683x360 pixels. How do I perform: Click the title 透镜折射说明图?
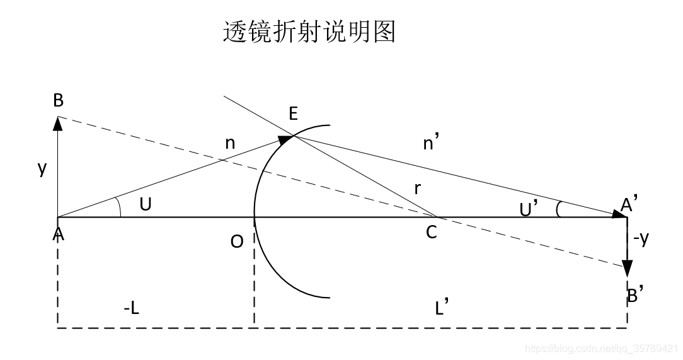[309, 32]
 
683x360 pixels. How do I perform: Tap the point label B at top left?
[59, 102]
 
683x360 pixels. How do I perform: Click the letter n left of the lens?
[231, 144]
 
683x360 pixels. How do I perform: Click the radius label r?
[417, 188]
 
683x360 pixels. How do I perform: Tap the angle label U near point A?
[146, 204]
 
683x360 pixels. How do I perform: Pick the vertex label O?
[237, 241]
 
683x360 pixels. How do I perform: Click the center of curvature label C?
[431, 233]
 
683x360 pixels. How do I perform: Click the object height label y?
[42, 168]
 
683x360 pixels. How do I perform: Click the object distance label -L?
[131, 308]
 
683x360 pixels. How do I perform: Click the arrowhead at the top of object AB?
[58, 122]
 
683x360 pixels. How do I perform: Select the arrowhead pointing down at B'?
[628, 269]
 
